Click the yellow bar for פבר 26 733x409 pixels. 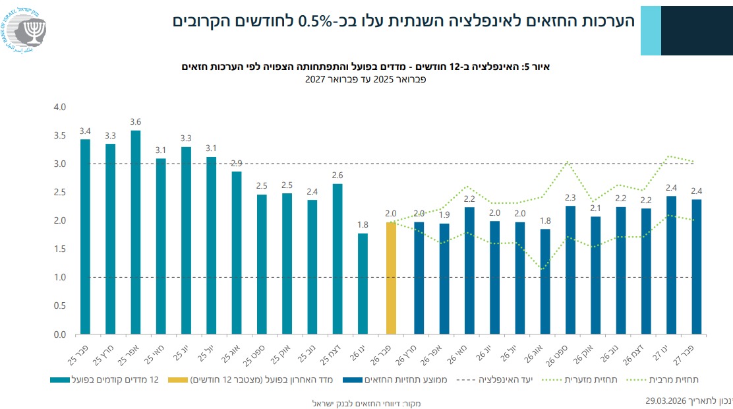391,278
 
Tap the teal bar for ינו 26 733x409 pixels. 363,284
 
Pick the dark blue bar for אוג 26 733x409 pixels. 544,282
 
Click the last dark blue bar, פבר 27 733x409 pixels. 696,267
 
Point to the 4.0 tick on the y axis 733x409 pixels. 60,107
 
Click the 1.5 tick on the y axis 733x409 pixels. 60,249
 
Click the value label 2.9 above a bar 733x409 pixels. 237,163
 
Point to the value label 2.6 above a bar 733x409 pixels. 337,175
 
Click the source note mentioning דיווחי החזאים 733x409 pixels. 366,402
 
